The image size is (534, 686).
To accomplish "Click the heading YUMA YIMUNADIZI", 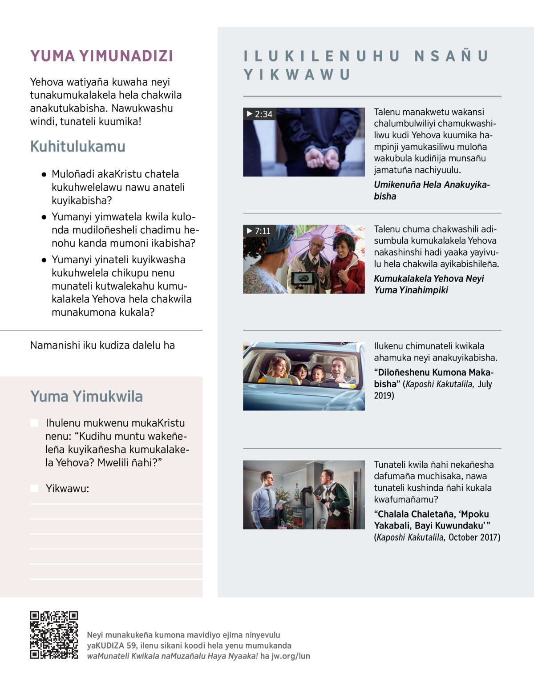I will [x=101, y=56].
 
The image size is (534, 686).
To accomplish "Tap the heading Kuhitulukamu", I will [x=77, y=146].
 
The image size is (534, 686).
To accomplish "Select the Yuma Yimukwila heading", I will [x=86, y=396].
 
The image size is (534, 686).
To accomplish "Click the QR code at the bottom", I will [x=54, y=634].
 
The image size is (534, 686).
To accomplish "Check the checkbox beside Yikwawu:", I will [x=34, y=488].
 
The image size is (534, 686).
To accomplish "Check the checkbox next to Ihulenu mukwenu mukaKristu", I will [x=34, y=422].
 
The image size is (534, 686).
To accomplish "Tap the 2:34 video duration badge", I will [x=259, y=114].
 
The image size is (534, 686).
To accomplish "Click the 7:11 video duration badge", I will [x=259, y=231].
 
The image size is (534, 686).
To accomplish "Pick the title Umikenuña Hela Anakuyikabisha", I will [x=431, y=190].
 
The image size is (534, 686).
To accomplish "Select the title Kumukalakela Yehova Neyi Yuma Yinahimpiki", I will [x=429, y=284].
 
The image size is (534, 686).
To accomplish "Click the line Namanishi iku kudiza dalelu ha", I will [x=102, y=345].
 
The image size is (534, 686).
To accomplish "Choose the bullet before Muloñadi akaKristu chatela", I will [x=44, y=174].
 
